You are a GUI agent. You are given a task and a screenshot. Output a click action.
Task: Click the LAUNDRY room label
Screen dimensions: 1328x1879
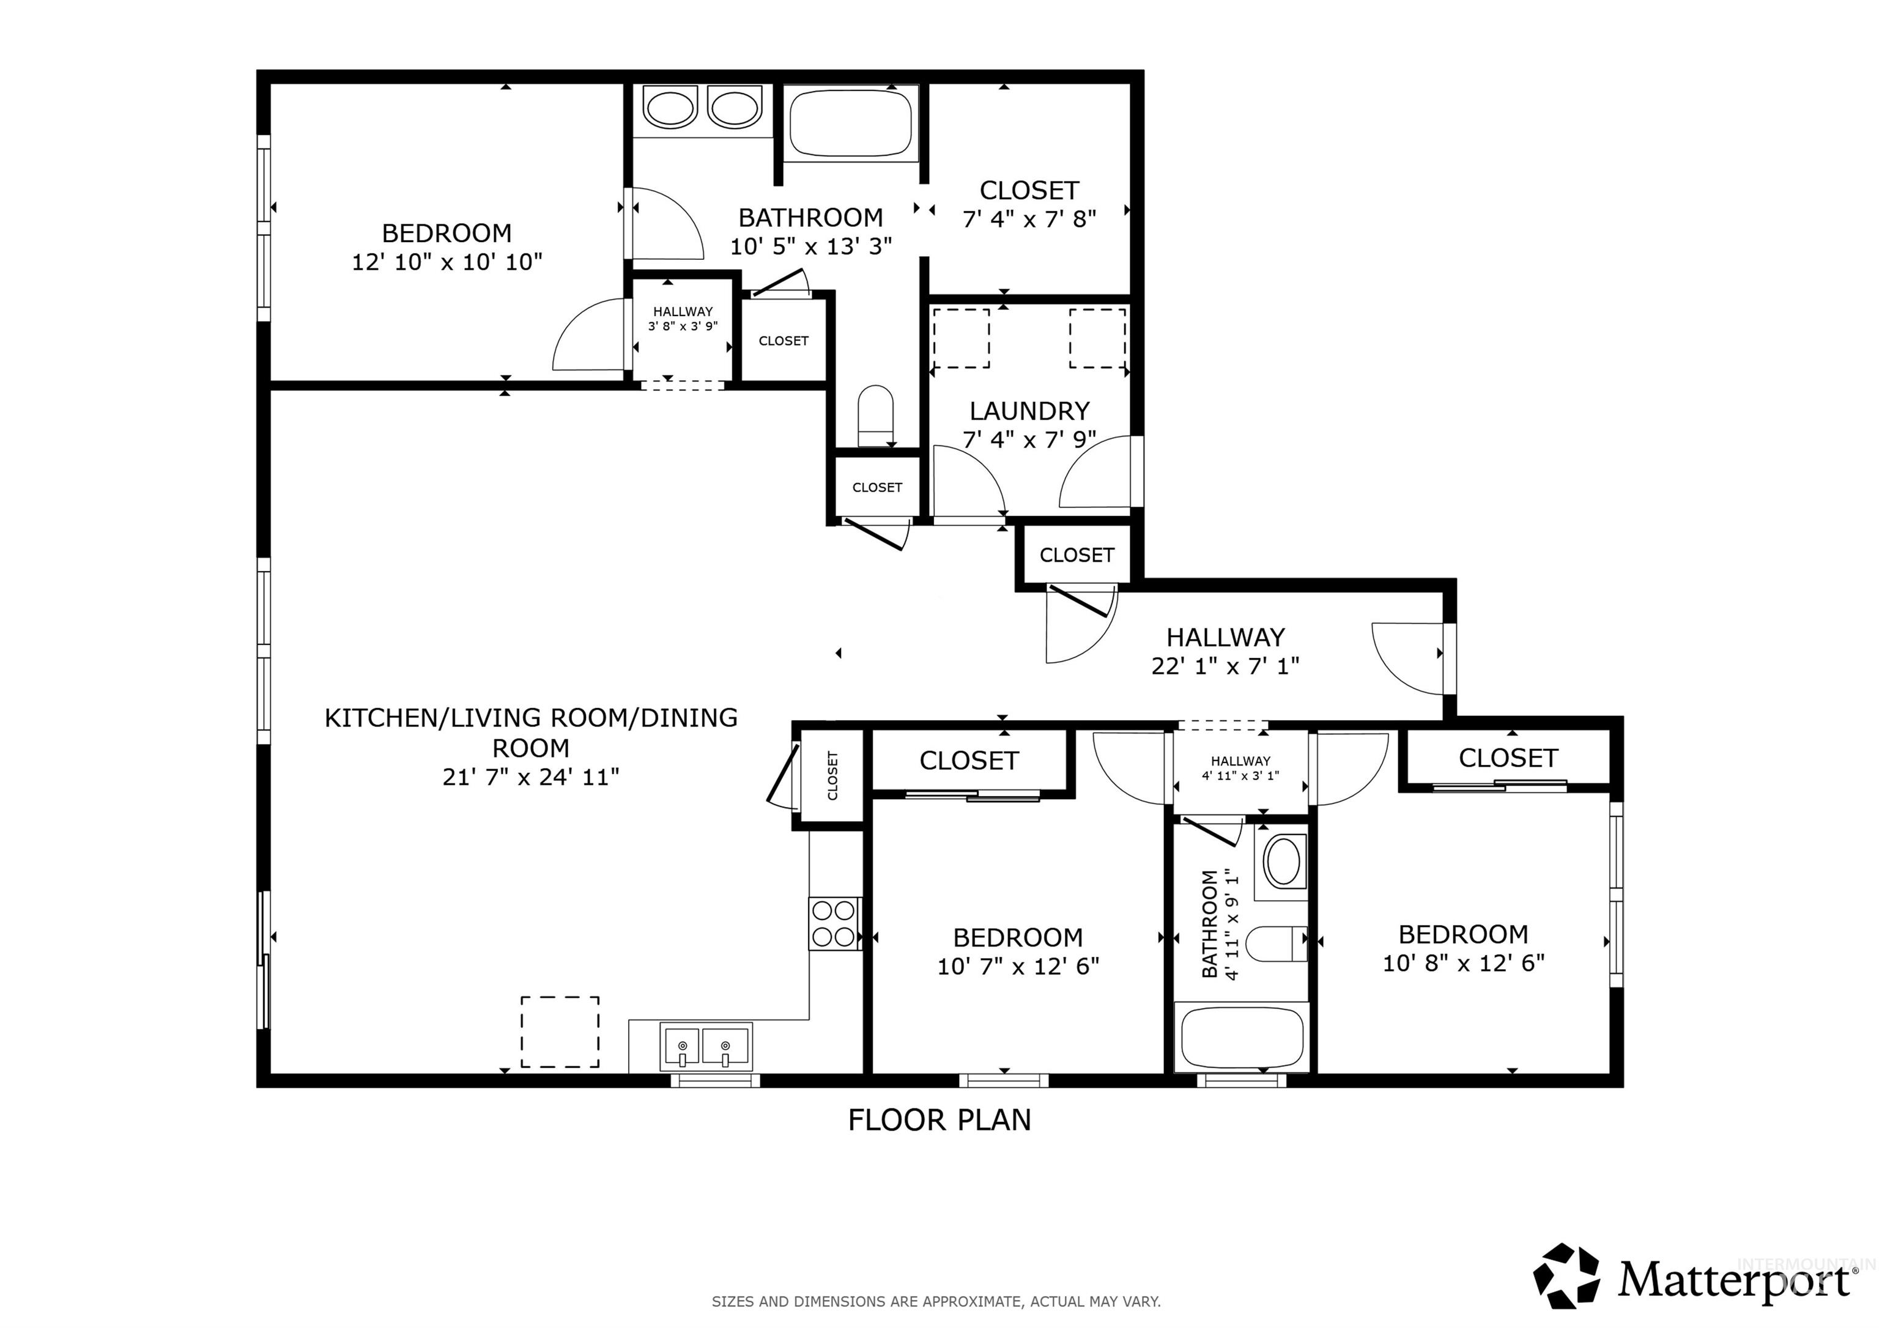(1029, 411)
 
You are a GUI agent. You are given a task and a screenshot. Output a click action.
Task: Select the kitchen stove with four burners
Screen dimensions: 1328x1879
(834, 924)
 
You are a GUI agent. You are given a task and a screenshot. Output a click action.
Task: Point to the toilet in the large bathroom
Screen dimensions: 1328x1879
(876, 416)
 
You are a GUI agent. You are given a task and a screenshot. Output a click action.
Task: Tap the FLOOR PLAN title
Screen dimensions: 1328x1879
(939, 1120)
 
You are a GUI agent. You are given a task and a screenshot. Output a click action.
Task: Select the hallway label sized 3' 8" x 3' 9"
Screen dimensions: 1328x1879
(683, 319)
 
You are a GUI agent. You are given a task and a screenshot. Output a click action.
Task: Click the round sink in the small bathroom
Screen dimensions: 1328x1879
(1281, 861)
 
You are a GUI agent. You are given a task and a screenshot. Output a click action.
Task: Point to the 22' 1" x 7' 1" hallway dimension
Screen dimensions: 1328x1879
(1225, 666)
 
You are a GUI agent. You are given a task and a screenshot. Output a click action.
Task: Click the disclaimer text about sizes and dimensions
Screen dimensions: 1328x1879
(935, 1302)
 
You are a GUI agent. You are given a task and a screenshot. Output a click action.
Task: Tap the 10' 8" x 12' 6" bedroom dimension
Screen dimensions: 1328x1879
(1462, 963)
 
